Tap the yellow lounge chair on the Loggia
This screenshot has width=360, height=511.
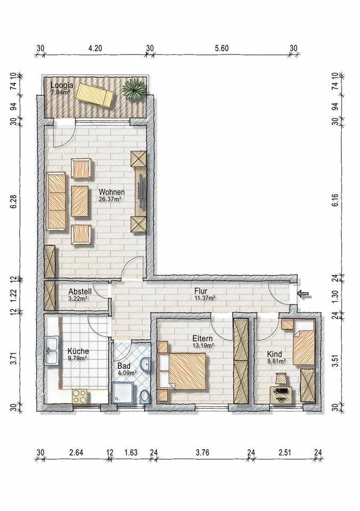[95, 95]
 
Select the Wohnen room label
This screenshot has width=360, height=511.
[111, 192]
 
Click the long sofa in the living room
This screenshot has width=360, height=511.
[56, 201]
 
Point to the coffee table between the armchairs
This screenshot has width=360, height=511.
[80, 201]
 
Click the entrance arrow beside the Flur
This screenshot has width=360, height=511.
[304, 294]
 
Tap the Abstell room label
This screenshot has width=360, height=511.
[80, 291]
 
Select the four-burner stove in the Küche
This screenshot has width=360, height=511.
[79, 397]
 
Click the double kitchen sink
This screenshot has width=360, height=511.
[52, 351]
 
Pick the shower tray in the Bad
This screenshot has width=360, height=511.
[122, 393]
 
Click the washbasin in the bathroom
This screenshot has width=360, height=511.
[146, 364]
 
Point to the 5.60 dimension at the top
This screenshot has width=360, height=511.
[222, 48]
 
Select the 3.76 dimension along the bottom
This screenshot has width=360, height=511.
[202, 452]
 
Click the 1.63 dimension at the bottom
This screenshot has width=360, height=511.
[131, 452]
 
